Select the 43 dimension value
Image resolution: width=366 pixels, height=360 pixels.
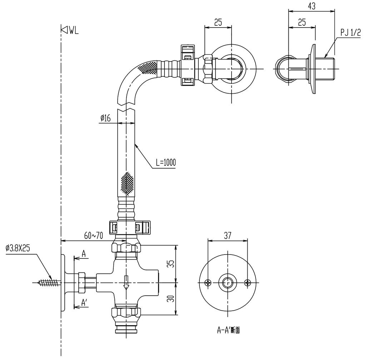pos(311,6)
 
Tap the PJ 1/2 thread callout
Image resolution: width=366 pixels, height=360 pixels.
pos(350,33)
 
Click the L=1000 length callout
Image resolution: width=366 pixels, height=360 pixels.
pos(165,163)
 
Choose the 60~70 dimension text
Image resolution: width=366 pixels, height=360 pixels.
pos(94,235)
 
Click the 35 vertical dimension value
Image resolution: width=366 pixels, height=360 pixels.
pos(171,264)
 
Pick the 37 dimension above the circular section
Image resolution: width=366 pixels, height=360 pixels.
pos(228,235)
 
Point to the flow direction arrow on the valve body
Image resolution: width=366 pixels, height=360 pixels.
pos(126,282)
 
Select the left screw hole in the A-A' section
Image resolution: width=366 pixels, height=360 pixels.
pos(208,283)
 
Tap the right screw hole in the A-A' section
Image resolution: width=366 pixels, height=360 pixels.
pos(247,283)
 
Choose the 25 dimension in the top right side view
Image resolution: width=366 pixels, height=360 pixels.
pos(302,22)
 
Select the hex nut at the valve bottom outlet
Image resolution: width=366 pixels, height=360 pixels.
pos(126,312)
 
